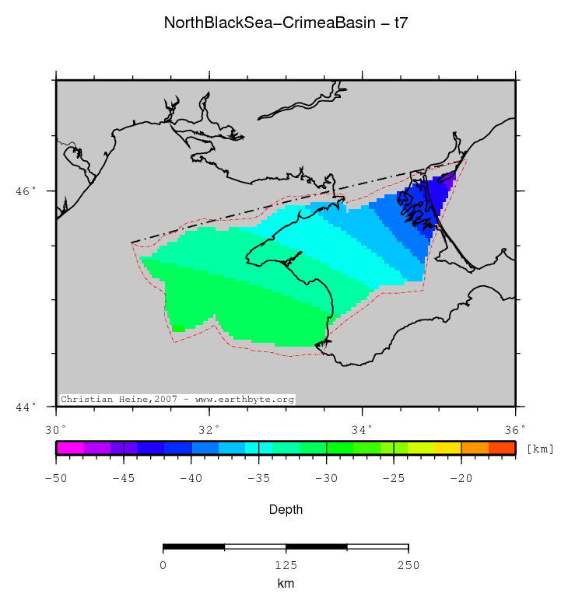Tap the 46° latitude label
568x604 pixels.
(26, 191)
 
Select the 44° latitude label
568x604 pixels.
(26, 407)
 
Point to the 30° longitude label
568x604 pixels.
(55, 428)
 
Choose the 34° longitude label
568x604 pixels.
(362, 428)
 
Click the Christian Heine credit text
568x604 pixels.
(177, 400)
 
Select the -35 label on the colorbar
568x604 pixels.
(258, 477)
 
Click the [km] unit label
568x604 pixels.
(540, 449)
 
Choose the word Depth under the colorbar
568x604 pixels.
(286, 510)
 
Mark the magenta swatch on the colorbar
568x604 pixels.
(69, 448)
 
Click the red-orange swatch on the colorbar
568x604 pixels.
(502, 448)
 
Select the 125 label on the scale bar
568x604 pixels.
(286, 565)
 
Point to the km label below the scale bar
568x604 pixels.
(286, 583)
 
